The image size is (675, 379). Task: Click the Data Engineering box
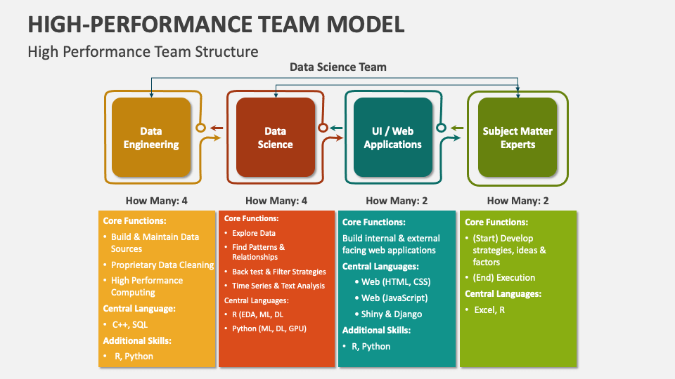pos(151,138)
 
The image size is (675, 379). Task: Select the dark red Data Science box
pos(275,138)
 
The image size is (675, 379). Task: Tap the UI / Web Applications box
pos(392,138)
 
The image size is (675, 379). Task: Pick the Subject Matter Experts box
pos(517,138)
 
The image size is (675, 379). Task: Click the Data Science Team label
pos(338,67)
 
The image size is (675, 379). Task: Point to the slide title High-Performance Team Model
pos(217,24)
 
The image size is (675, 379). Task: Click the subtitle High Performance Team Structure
pos(143,51)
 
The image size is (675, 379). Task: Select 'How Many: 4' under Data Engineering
pos(157,201)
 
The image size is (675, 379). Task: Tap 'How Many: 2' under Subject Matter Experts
pos(517,201)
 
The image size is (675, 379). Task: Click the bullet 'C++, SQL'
pos(130,324)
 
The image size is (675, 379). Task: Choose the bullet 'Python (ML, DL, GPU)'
pos(269,328)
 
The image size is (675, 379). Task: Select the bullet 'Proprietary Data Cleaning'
pos(162,265)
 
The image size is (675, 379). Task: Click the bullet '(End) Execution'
pos(504,277)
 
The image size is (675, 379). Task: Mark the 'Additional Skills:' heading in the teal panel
pos(376,330)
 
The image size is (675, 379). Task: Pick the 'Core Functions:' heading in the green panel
pos(496,222)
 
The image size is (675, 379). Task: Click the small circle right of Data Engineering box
pos(200,128)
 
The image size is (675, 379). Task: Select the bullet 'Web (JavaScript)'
pos(394,298)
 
